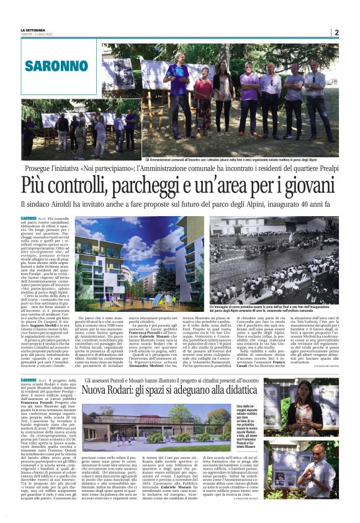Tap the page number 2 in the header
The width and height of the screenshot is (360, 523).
pos(336,32)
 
